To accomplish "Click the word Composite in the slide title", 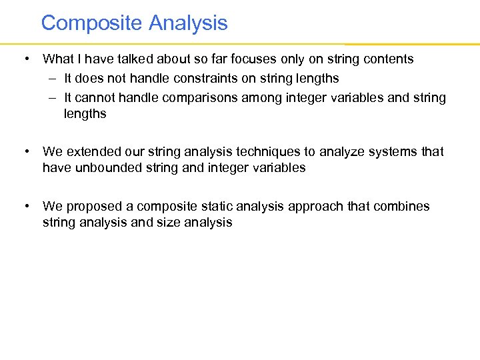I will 92,23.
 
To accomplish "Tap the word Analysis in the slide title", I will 188,23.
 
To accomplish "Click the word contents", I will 387,59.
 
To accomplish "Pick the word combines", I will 403,207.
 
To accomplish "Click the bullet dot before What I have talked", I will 25,59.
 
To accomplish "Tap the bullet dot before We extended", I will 25,152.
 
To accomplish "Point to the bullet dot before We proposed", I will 25,207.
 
